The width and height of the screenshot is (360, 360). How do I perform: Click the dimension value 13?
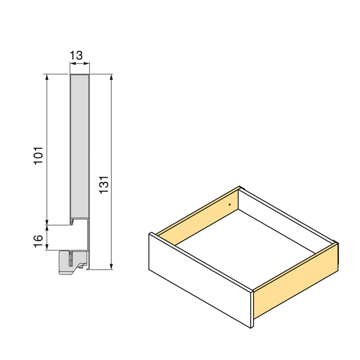pos(76,56)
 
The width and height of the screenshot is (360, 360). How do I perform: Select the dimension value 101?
pos(39,155)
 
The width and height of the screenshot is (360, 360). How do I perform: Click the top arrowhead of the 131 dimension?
pos(112,77)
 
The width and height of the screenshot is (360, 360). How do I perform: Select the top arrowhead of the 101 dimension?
pos(47,77)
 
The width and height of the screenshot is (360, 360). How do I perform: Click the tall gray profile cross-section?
pos(80,144)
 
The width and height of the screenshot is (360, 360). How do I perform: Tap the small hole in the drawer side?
pos(229,205)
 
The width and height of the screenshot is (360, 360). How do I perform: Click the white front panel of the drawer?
pos(199,280)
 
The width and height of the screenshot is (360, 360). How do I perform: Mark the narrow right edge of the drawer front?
pos(252,309)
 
